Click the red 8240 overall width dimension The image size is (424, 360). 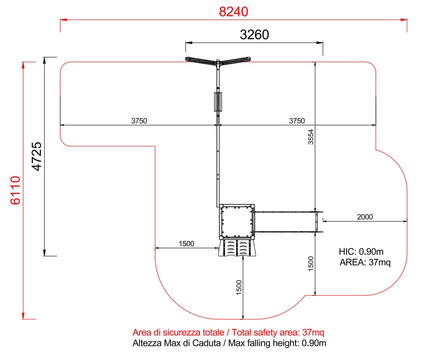[233, 12]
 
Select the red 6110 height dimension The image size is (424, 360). [15, 190]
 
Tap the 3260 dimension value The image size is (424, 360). [254, 35]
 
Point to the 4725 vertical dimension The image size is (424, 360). [37, 156]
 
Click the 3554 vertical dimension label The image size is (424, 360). [311, 137]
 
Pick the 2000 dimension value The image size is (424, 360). [365, 217]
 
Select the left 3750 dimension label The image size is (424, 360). [139, 121]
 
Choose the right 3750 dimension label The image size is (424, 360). [297, 121]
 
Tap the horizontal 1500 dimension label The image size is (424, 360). [187, 244]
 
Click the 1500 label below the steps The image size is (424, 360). [239, 287]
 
